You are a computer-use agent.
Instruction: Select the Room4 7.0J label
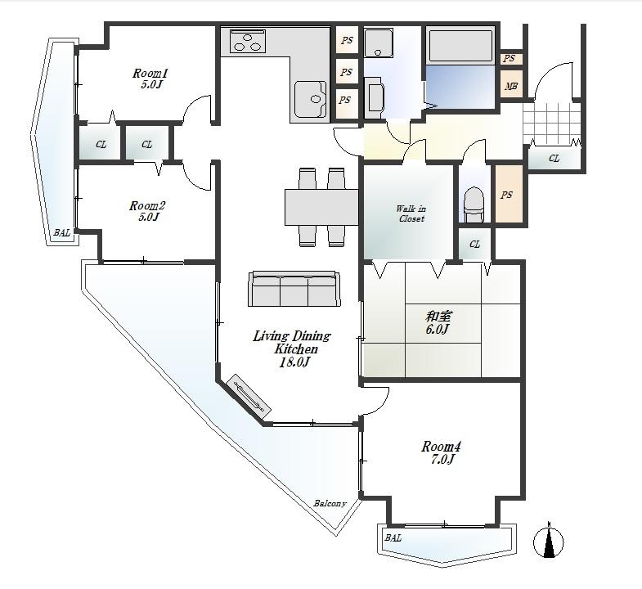tap(441, 452)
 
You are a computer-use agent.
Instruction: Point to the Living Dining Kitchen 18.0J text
tap(291, 348)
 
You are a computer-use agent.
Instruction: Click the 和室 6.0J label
tap(438, 322)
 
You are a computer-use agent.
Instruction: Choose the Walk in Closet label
tap(411, 214)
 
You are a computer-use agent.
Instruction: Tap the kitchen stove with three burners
tap(249, 41)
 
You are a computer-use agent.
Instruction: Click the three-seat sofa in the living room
tap(294, 289)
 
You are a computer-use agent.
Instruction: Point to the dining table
tap(321, 206)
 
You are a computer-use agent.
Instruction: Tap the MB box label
tap(511, 87)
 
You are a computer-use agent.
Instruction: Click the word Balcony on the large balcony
tap(330, 504)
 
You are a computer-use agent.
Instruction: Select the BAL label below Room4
tap(393, 538)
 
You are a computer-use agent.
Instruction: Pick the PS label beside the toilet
tap(506, 196)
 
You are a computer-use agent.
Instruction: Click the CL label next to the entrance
tap(554, 158)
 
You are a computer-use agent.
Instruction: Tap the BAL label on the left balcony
tap(61, 233)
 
